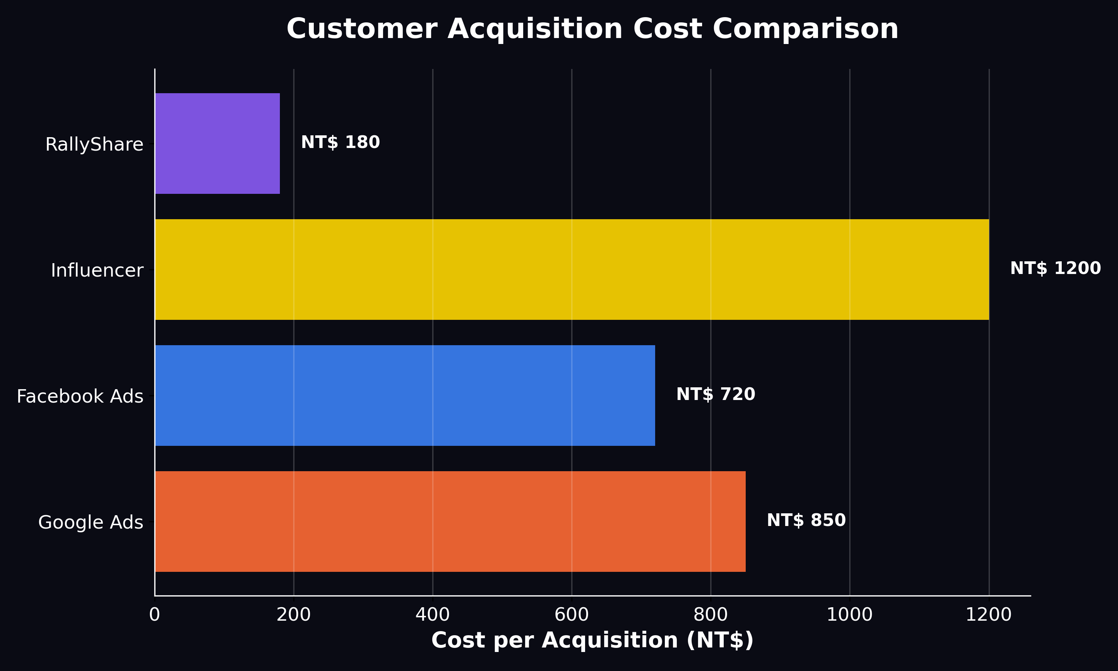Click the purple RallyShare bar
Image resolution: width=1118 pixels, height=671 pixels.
(x=217, y=144)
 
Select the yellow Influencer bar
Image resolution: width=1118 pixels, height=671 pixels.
(x=572, y=270)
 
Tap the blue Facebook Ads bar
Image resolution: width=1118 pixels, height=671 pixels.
(x=405, y=396)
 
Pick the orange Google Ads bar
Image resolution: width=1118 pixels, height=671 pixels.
(x=450, y=522)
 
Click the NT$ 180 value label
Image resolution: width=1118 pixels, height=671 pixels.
(x=340, y=142)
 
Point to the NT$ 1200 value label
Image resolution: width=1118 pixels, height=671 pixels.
(x=1055, y=268)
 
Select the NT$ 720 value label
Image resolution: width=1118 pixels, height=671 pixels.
(x=716, y=394)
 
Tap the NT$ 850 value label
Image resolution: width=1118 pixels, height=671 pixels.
(x=806, y=520)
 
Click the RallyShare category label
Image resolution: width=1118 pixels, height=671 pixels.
(x=94, y=145)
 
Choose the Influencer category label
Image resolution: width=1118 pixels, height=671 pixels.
(x=97, y=270)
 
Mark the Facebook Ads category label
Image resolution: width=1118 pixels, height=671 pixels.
(x=79, y=397)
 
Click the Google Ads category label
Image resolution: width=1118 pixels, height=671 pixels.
(x=91, y=523)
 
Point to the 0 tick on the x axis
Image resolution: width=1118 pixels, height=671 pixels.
(x=155, y=615)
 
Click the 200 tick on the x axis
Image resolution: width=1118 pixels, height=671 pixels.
(x=293, y=615)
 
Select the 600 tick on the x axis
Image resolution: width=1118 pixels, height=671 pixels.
(x=572, y=615)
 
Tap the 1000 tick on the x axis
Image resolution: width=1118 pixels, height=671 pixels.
(x=850, y=615)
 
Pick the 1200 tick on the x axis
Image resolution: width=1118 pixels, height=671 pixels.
(x=988, y=615)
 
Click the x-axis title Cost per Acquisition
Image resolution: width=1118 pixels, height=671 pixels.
(x=592, y=641)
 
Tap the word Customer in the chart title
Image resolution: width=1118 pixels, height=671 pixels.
(x=361, y=29)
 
